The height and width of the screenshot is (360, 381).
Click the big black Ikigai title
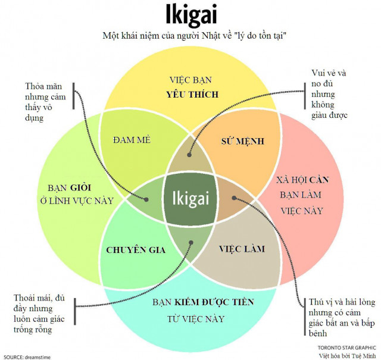tap(191, 15)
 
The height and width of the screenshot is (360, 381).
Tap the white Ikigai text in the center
tap(190, 199)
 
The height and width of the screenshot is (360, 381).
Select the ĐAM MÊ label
tap(132, 140)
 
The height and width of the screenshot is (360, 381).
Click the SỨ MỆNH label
tap(242, 141)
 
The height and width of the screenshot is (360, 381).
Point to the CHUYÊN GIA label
tap(136, 250)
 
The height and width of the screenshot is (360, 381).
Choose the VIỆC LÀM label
tap(242, 249)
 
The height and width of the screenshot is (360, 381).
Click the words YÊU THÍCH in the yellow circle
tap(192, 94)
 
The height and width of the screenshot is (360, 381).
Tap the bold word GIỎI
tap(81, 187)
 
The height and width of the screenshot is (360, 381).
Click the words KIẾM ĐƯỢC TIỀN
tap(214, 302)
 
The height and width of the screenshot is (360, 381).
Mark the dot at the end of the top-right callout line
tap(189, 155)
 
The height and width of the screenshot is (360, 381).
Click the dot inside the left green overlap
tap(146, 199)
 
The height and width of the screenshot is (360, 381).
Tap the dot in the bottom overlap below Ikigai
tap(191, 242)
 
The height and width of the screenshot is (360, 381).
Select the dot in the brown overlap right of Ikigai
tap(234, 198)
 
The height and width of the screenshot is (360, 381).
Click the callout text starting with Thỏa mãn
tap(45, 102)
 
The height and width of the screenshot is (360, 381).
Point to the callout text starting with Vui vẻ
tap(329, 94)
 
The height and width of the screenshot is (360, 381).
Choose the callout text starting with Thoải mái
tap(39, 314)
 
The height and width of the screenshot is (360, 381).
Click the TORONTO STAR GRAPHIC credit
tap(346, 348)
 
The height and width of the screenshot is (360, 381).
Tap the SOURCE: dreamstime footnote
tap(27, 357)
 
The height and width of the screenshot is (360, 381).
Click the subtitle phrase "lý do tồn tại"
tap(261, 36)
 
